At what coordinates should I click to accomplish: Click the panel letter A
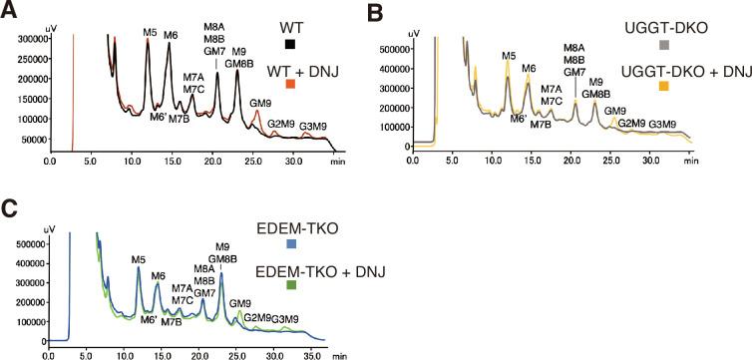coord(9,11)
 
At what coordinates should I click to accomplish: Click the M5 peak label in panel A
coord(150,33)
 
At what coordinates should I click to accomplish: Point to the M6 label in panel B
coord(529,68)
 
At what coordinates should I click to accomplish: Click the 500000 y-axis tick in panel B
coord(395,48)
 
